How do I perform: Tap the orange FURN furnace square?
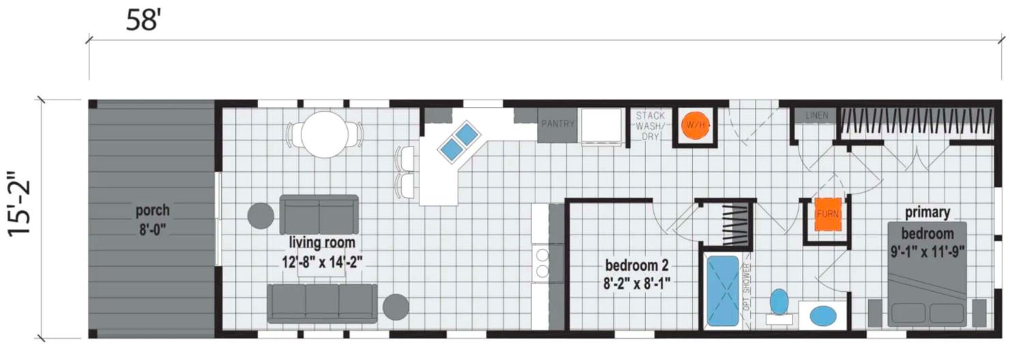coord(827,214)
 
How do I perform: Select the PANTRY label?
coord(558,123)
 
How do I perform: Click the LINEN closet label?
coord(816,115)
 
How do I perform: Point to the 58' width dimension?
coord(143,20)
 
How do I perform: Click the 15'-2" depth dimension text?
coord(19,205)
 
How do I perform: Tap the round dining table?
coord(325,134)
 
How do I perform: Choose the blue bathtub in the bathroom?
coord(722,290)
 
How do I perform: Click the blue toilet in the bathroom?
coord(779,303)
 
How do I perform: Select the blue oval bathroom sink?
coord(823,316)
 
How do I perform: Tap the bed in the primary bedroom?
coord(927,274)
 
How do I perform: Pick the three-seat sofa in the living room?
coord(323,303)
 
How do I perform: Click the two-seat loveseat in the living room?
coord(318,214)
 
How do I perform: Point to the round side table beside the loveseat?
coord(261,215)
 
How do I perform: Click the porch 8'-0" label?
coord(153,220)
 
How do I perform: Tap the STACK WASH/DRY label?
coord(651,125)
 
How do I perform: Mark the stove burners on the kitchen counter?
coord(542,262)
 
